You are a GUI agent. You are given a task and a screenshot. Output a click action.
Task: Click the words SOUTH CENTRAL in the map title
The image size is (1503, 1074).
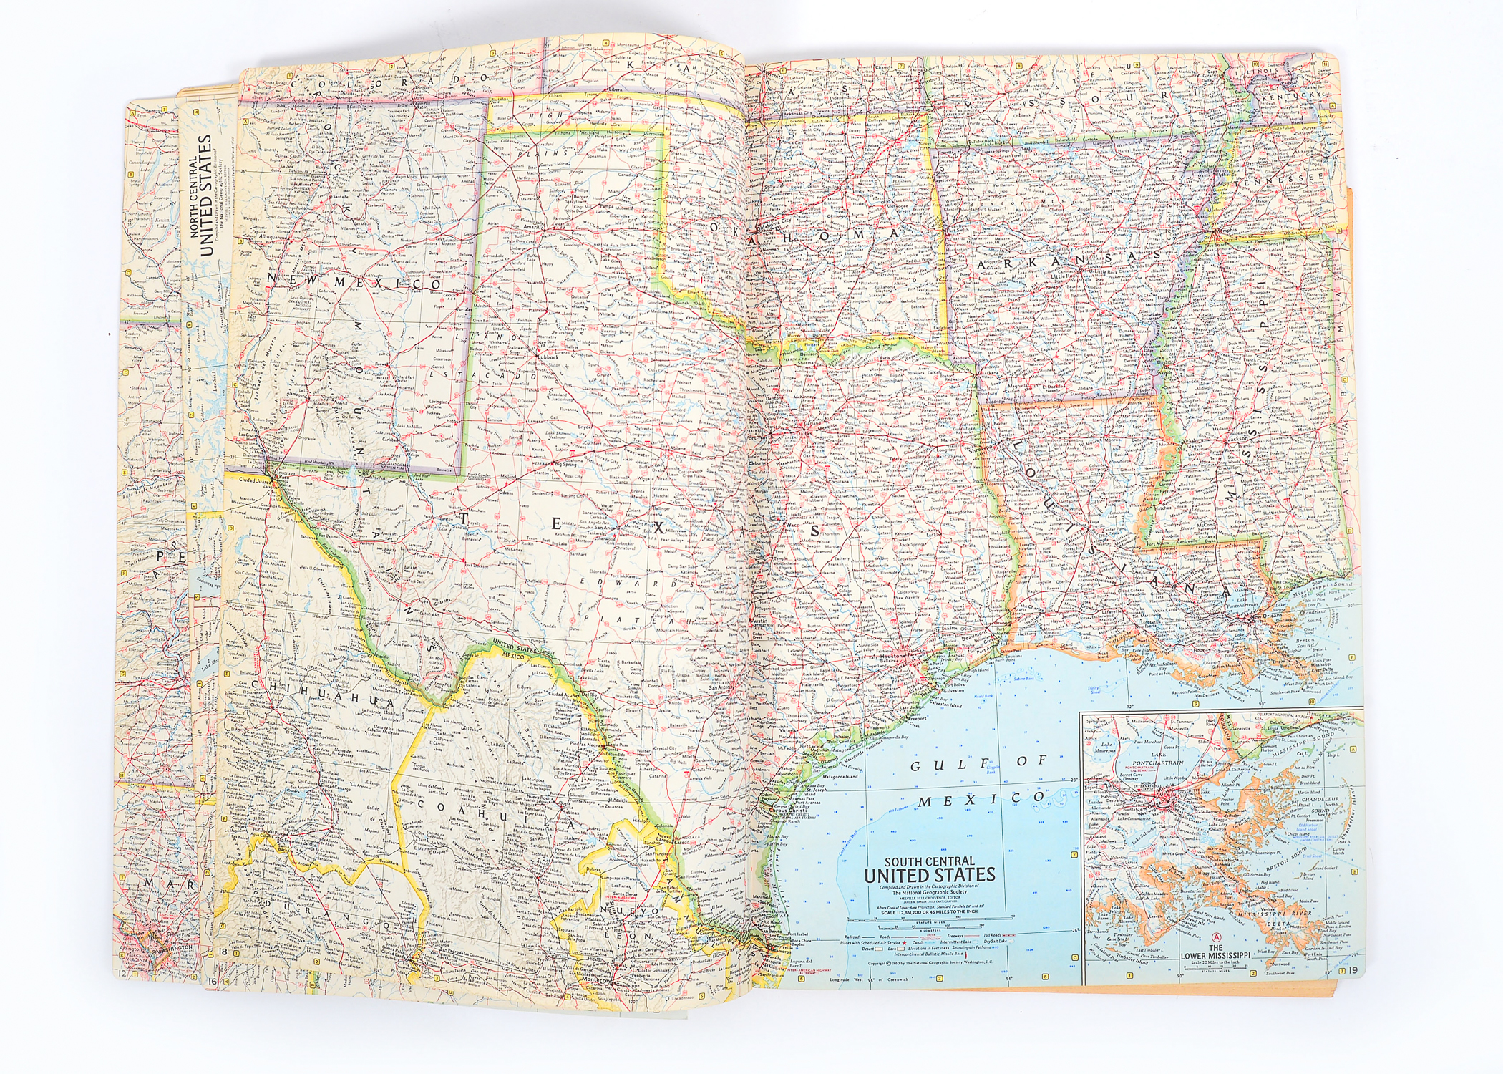coord(930,861)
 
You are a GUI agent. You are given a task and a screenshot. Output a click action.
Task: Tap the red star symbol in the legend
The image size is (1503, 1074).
coord(904,943)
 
